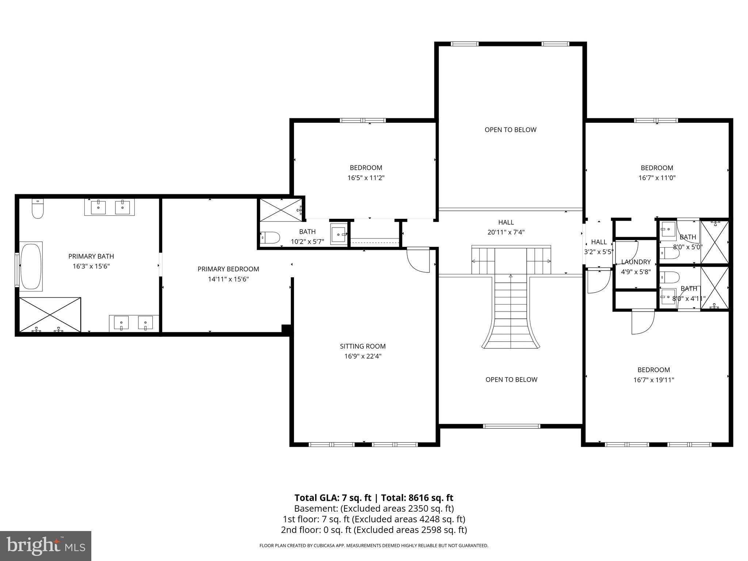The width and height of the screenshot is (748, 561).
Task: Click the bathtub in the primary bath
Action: pos(31,266)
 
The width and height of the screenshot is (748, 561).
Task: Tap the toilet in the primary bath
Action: pos(38,209)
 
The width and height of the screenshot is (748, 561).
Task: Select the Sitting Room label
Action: pos(363,346)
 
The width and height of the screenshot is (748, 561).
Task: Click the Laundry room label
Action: pos(636,262)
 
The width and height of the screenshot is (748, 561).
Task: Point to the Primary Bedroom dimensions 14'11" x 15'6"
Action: pos(228,279)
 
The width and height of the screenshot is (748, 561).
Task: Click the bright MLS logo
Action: pos(46,546)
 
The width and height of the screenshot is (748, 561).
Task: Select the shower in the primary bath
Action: pos(50,315)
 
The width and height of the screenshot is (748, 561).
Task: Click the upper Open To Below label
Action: pos(510,130)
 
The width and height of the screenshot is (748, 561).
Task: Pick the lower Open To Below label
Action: pos(511,379)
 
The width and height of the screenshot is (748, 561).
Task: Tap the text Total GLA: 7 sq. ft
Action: pos(332,498)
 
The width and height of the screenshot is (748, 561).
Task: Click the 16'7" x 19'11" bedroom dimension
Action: pos(653,380)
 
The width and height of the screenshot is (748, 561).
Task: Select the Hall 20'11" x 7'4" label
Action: pos(506,227)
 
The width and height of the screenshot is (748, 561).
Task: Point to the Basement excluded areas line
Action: pos(374,508)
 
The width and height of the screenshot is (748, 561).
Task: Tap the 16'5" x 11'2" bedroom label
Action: pos(366,173)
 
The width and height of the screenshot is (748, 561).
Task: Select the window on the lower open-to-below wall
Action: pos(511,426)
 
